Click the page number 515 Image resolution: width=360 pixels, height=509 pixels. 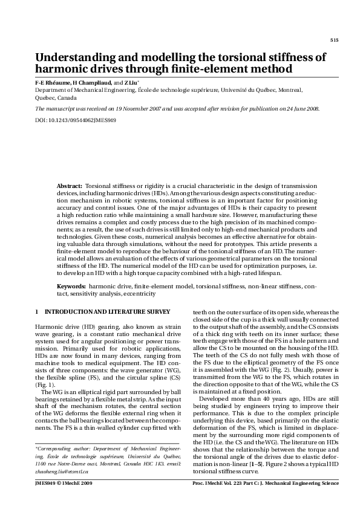335,40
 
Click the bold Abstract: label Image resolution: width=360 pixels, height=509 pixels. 70,186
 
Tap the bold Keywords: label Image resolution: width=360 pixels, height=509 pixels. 71,285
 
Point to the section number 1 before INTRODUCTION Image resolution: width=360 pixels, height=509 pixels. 37,311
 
